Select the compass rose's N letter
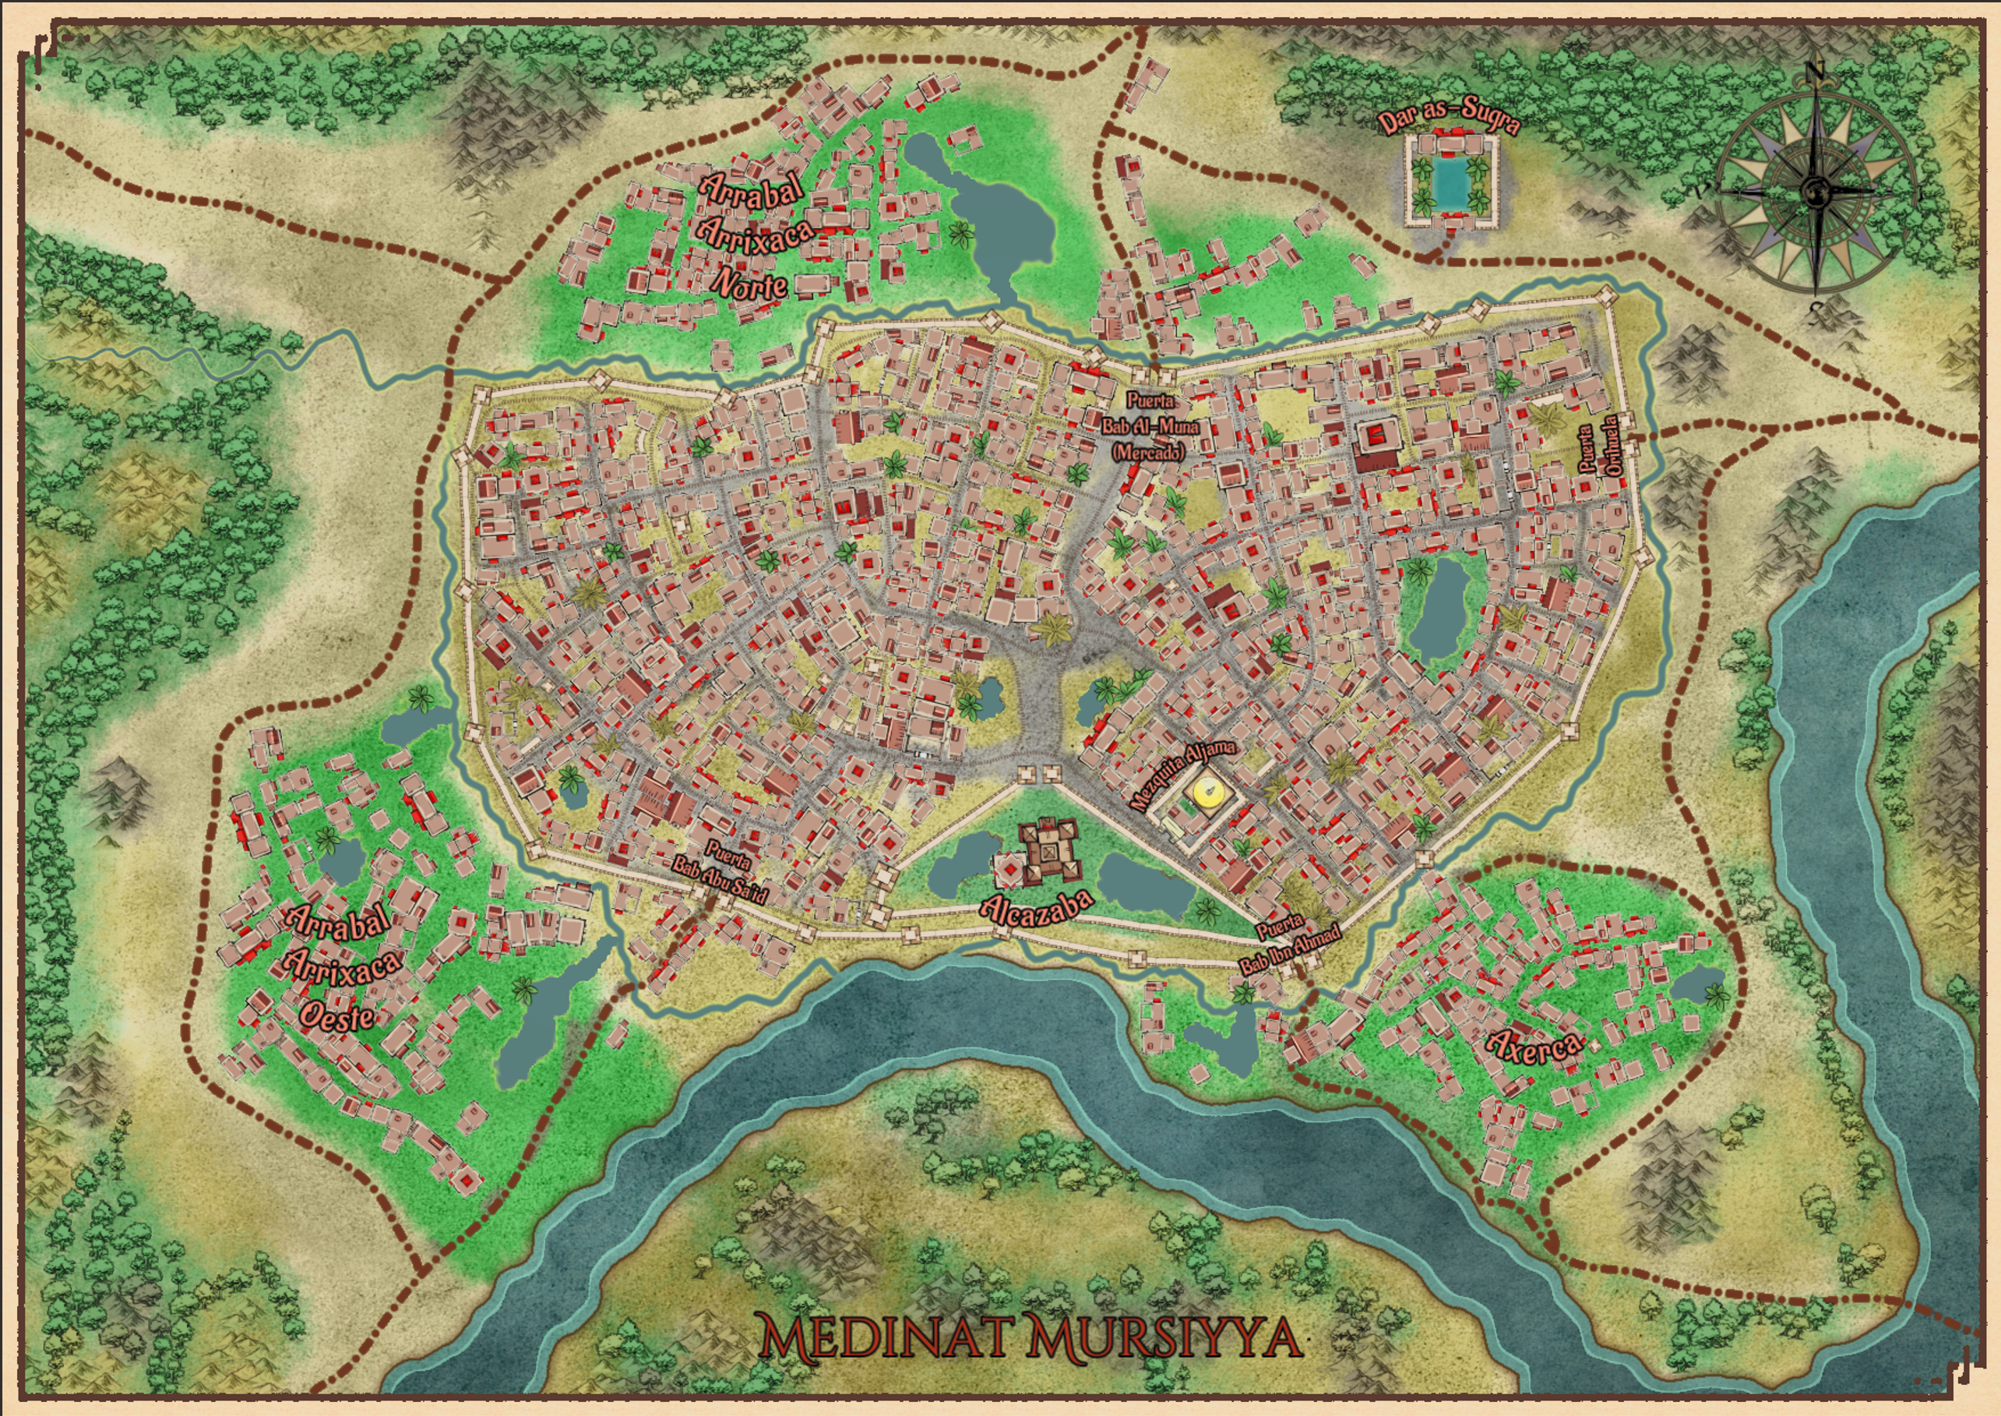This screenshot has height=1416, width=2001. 1816,71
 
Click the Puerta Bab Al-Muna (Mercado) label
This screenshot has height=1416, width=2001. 1150,426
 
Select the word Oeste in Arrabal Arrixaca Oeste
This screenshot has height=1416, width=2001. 337,1015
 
